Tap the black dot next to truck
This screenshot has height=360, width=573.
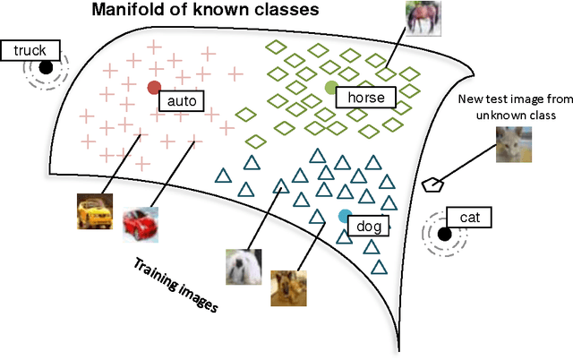tap(46, 67)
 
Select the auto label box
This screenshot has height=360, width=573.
tap(181, 100)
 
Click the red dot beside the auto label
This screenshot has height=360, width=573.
tap(154, 88)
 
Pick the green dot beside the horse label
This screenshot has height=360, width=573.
tap(331, 87)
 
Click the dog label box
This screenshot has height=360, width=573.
tap(369, 227)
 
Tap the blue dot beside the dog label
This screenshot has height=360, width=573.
tap(345, 216)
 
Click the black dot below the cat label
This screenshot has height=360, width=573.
tap(443, 234)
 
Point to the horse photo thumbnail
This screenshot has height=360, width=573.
tap(423, 18)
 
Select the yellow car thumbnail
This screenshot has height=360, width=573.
tap(95, 212)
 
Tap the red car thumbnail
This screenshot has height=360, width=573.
tap(140, 225)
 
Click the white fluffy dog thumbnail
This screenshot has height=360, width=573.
tap(244, 266)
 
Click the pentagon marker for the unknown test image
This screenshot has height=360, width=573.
tap(433, 184)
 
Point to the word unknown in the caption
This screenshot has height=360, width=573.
tap(498, 116)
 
